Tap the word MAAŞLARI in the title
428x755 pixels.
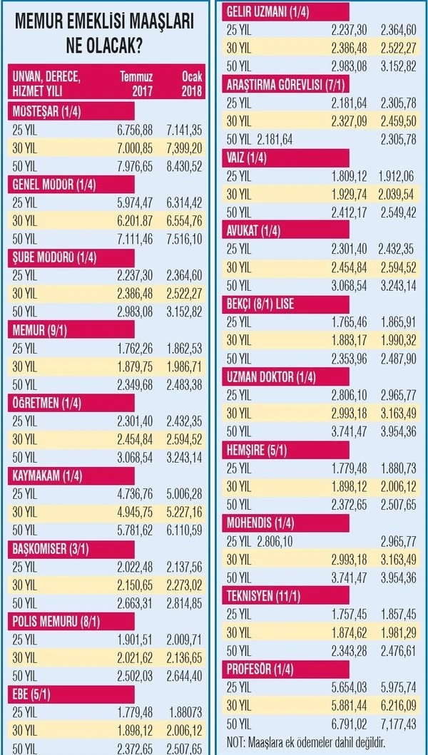(x=153, y=23)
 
